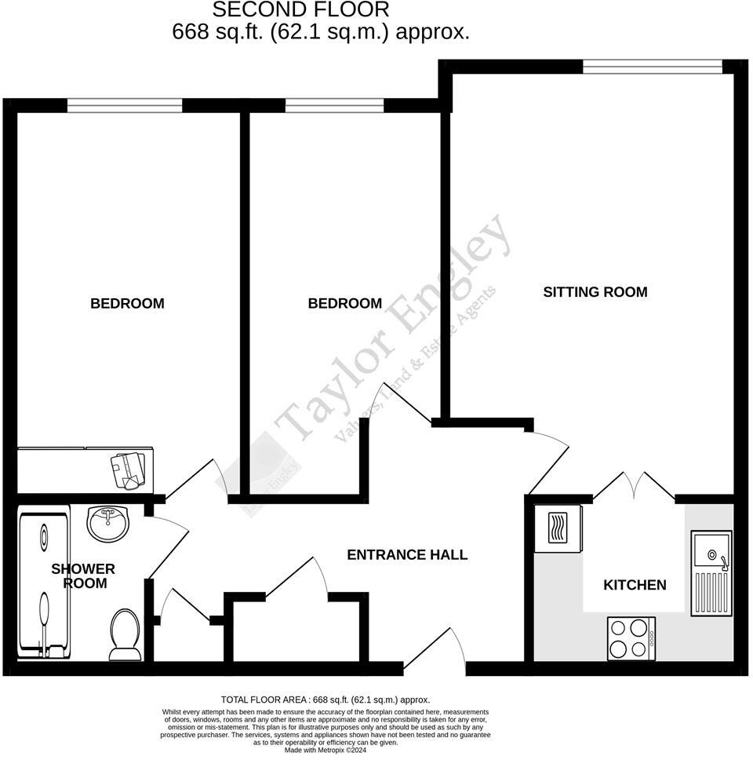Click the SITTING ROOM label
click(x=595, y=292)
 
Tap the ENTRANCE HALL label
click(x=407, y=555)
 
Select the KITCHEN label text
click(x=635, y=585)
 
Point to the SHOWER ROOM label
click(x=83, y=575)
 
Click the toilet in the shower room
click(x=125, y=633)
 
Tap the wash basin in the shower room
click(x=108, y=523)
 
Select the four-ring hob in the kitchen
click(x=631, y=638)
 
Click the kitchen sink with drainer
click(x=711, y=572)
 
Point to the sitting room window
click(x=652, y=68)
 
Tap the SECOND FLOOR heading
click(x=301, y=10)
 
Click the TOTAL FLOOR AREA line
click(x=326, y=700)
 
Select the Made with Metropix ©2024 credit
click(x=326, y=750)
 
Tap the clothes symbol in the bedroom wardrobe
click(x=129, y=469)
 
